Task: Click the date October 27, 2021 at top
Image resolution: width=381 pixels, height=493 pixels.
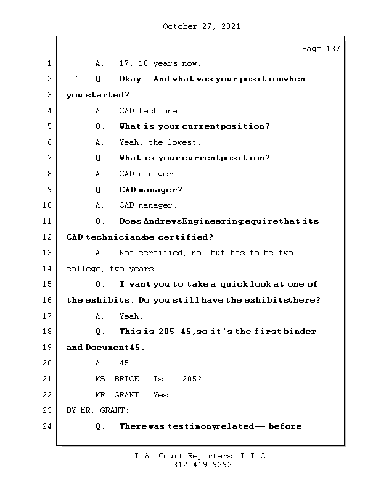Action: click(202, 26)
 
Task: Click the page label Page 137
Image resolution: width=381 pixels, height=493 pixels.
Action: click(321, 49)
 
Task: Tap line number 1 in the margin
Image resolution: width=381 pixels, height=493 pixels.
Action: click(49, 63)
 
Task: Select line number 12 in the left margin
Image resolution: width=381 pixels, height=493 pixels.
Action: click(47, 237)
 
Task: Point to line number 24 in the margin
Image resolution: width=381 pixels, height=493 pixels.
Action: click(47, 426)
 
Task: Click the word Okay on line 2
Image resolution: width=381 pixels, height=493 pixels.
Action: click(132, 79)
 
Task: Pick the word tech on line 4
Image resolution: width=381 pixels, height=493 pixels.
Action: click(149, 111)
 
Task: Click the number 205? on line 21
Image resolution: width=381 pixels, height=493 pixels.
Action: click(190, 379)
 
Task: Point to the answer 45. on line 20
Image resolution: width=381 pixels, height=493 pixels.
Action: click(126, 363)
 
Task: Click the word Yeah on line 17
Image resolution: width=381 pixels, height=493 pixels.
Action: click(131, 316)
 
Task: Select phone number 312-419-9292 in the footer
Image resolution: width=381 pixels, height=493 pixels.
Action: click(202, 465)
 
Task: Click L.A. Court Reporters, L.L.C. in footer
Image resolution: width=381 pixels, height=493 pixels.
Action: click(202, 457)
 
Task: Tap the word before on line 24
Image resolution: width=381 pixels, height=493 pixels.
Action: click(285, 426)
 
